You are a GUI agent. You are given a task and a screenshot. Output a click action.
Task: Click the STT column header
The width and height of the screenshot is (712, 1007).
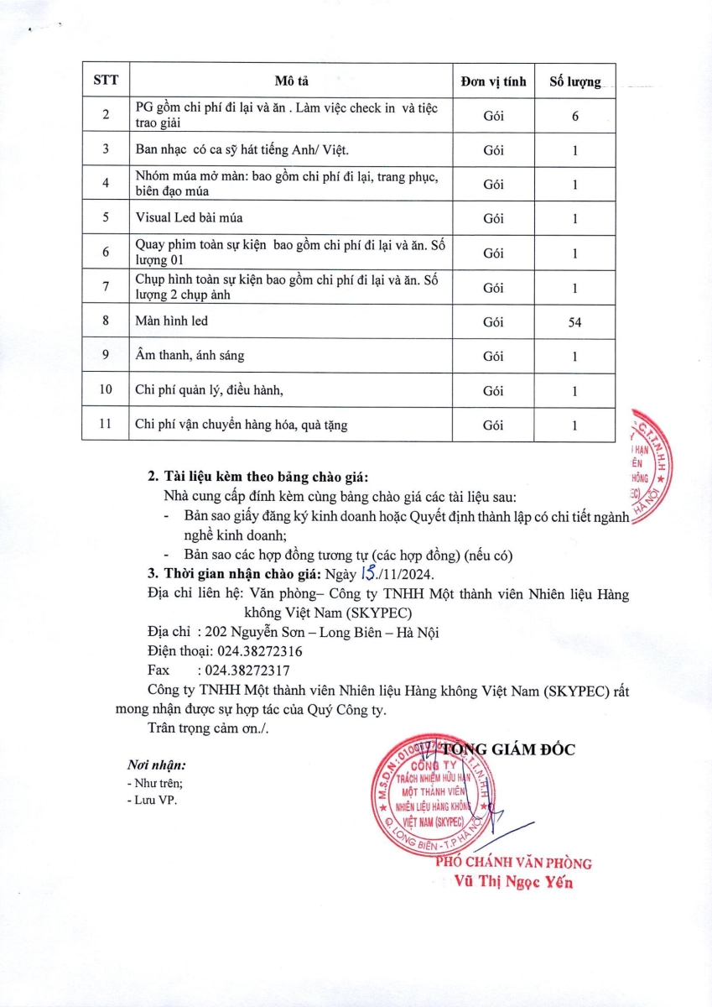[106, 81]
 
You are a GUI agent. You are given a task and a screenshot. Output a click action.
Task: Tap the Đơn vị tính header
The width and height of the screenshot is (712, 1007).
[493, 81]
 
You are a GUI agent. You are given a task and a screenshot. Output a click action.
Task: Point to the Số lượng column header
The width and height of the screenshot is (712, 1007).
[574, 81]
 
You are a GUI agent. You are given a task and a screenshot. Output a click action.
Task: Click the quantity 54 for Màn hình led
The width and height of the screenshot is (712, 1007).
[574, 321]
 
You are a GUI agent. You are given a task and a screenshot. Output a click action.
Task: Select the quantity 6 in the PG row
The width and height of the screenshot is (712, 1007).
[575, 116]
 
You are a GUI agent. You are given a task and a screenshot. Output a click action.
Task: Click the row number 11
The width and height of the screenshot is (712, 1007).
[106, 425]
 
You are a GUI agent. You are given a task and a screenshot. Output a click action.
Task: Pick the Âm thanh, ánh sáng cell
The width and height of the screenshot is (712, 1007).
[190, 356]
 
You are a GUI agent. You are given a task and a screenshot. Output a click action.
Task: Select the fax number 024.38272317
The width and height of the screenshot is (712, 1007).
[244, 670]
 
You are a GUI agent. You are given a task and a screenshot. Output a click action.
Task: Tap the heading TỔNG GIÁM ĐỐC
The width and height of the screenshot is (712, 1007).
[507, 749]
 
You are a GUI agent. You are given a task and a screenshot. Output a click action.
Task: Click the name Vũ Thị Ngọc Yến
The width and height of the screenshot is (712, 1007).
[513, 883]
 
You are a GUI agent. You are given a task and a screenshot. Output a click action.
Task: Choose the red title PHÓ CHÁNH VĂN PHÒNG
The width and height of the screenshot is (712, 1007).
[513, 864]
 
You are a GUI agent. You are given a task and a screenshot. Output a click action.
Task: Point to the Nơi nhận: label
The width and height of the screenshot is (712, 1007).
[156, 765]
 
